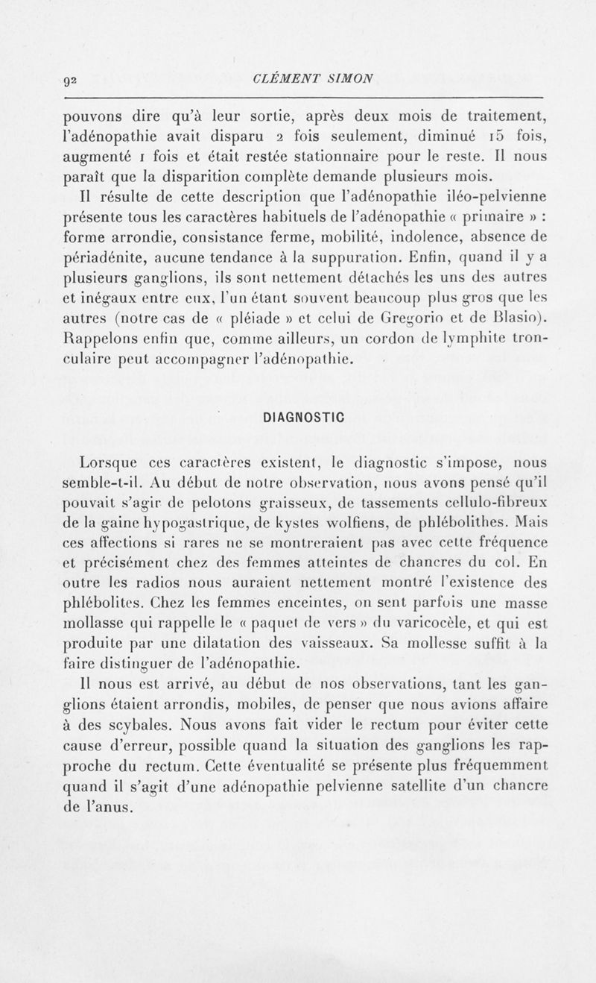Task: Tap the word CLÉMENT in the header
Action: [x=284, y=77]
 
